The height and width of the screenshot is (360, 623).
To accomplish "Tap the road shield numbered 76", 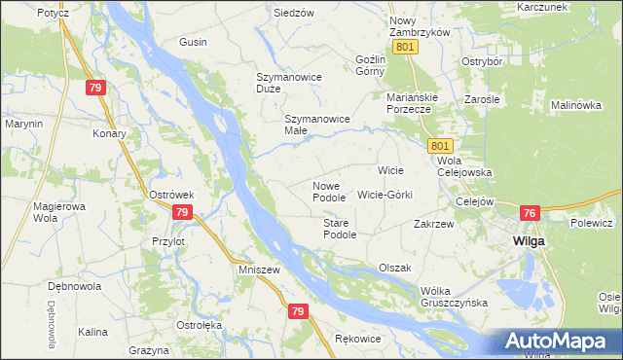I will tap(530, 213).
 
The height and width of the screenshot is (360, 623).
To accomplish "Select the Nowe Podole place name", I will tap(329, 192).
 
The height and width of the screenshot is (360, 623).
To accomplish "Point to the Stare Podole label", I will tap(339, 229).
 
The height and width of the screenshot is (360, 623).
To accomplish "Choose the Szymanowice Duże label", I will tap(282, 82).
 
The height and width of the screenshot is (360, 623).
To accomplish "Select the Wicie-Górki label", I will tap(385, 195).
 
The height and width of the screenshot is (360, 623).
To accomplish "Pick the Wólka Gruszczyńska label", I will tap(454, 297).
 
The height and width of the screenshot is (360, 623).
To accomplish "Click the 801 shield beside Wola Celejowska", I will tap(439, 145).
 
